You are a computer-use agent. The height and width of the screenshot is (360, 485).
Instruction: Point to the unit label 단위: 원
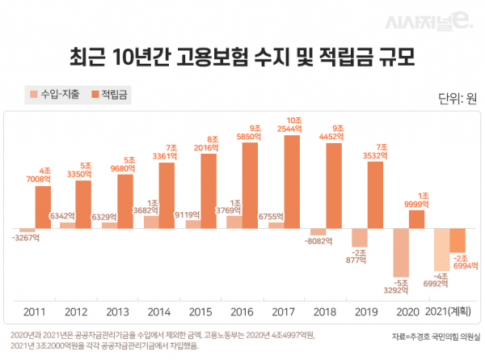pos(457,100)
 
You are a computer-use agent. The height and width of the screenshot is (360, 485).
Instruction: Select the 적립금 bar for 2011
pos(43,207)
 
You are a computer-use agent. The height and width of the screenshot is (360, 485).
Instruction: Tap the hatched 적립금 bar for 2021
pos(458,239)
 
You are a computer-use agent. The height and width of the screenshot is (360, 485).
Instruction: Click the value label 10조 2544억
pos(293,125)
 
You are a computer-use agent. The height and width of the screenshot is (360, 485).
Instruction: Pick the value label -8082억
pos(317,241)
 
